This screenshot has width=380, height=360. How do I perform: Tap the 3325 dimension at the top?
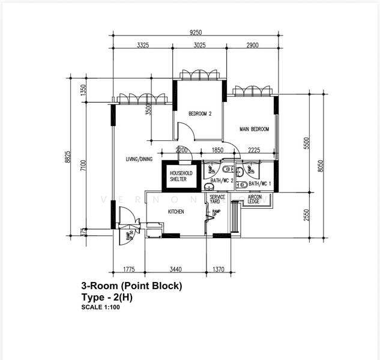pyautogui.click(x=143, y=46)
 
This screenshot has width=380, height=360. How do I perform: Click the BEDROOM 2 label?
pyautogui.click(x=200, y=113)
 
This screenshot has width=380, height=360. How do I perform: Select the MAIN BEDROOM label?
pyautogui.click(x=254, y=129)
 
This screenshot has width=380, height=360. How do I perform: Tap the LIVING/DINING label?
pyautogui.click(x=139, y=159)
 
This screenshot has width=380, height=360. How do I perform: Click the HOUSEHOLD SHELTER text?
pyautogui.click(x=178, y=176)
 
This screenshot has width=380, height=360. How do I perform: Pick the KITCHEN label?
pyautogui.click(x=175, y=212)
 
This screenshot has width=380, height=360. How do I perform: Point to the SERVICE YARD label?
pyautogui.click(x=217, y=200)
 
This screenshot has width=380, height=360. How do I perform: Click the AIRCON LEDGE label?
pyautogui.click(x=254, y=200)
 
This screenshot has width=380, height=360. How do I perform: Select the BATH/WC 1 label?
pyautogui.click(x=260, y=184)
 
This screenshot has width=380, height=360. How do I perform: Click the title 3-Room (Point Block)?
pyautogui.click(x=131, y=286)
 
